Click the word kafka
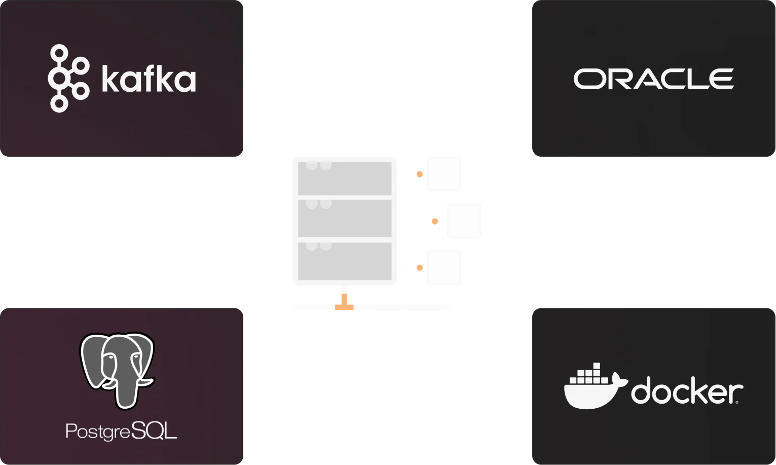click(x=149, y=79)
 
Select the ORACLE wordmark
click(x=654, y=79)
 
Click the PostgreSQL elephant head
click(x=118, y=371)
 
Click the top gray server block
click(x=345, y=178)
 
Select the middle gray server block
click(x=345, y=218)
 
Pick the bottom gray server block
click(x=345, y=261)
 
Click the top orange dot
click(x=420, y=174)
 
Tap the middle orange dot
click(x=435, y=222)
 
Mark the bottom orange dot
click(x=420, y=268)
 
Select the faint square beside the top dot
click(x=444, y=174)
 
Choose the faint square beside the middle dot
click(x=464, y=221)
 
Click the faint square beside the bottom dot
click(x=444, y=268)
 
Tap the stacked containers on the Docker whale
click(x=589, y=374)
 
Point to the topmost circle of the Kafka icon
click(x=59, y=53)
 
